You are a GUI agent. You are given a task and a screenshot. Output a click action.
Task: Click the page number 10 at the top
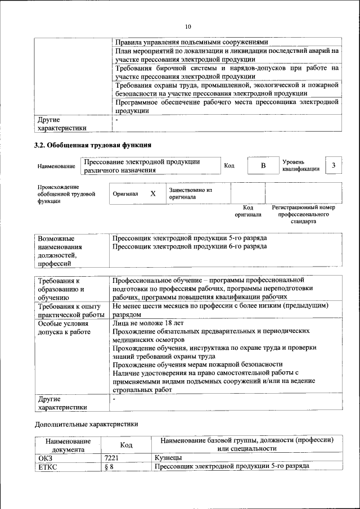pos(188,26)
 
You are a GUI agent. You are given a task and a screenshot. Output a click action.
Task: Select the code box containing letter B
pos(262,165)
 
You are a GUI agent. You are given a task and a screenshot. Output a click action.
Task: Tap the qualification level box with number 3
pos(334,165)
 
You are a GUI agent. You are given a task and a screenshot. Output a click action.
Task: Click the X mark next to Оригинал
pos(152,193)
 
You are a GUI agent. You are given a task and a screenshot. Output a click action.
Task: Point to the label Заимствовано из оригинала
pos(190,193)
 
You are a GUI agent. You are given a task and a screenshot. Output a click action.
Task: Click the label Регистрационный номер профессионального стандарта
pos(303,214)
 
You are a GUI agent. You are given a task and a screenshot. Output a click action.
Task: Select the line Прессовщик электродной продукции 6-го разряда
pos(189,247)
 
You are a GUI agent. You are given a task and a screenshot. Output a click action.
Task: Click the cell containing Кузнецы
pos(168,458)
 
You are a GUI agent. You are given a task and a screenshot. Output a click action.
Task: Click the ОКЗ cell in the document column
pos(44,458)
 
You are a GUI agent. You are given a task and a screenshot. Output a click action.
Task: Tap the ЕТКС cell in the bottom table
pos(47,467)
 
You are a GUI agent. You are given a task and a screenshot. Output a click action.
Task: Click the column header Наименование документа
pos(67,445)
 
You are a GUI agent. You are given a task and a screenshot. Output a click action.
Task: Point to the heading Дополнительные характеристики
pos(86,424)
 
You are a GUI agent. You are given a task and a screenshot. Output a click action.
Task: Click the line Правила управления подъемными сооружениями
pos(191,42)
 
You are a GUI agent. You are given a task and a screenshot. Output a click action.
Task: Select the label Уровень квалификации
pos(301,165)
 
